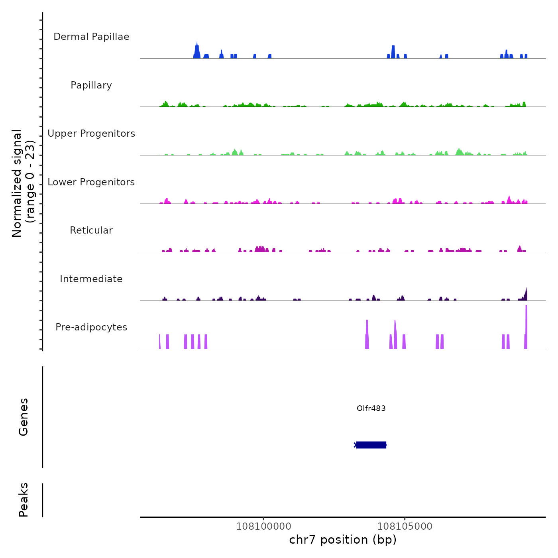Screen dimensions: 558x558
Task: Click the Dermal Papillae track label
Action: (x=91, y=37)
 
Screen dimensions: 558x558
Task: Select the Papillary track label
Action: (x=91, y=85)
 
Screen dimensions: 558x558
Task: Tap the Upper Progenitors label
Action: (x=91, y=134)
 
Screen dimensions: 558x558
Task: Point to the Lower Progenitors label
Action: (x=91, y=182)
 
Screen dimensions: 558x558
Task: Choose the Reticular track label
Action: (x=91, y=230)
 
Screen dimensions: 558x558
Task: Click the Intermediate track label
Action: (x=91, y=279)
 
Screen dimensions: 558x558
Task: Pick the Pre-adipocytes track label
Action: (x=91, y=327)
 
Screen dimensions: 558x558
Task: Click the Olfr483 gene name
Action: (x=371, y=408)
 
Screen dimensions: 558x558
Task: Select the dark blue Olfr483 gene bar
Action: (x=371, y=445)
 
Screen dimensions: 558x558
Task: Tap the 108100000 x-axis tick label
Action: (x=263, y=527)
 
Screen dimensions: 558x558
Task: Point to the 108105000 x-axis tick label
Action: (x=405, y=527)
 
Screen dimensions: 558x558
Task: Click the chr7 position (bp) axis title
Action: (x=343, y=540)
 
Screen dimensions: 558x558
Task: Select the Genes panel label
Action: (x=24, y=417)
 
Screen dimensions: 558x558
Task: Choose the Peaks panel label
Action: (x=24, y=500)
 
